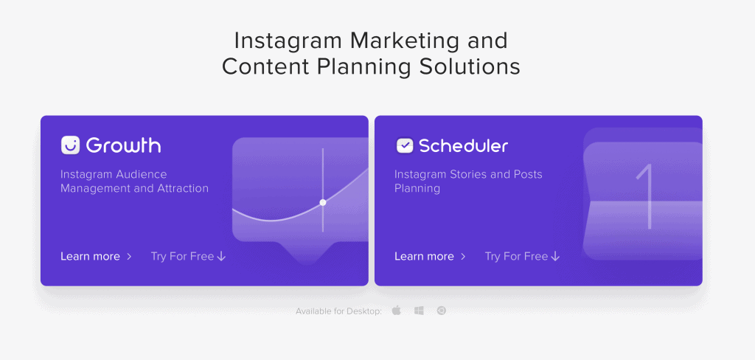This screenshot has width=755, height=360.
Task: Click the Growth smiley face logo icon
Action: (70, 145)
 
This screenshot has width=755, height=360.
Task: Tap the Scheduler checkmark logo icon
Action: (405, 145)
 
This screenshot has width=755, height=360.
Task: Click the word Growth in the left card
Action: (124, 145)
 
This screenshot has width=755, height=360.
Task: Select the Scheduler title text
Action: (464, 145)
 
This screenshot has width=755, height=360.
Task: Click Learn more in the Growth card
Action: (90, 257)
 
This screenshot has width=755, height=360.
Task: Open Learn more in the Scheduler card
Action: (424, 257)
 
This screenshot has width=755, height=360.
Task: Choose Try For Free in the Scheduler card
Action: (516, 257)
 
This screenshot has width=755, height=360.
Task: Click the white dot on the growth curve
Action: (323, 202)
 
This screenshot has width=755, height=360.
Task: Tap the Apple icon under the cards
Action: (396, 311)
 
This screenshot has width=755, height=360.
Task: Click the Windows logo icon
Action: (419, 311)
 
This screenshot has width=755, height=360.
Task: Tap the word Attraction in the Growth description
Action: (183, 188)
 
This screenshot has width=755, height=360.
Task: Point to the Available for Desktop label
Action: (339, 311)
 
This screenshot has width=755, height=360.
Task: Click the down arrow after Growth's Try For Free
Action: (221, 257)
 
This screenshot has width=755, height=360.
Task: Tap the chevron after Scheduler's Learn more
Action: (463, 257)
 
